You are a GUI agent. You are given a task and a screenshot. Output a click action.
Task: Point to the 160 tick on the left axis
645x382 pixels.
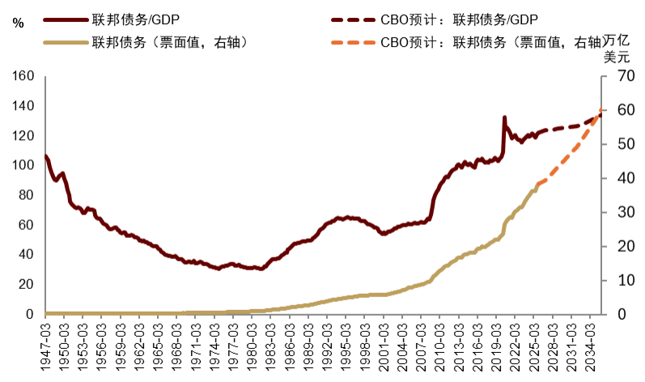coord(23,76)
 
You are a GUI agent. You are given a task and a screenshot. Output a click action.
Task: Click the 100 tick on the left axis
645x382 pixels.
coord(23,165)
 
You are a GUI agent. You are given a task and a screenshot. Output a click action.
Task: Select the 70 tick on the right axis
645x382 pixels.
coord(616,76)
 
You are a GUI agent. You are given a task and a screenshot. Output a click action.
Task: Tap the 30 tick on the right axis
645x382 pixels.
coord(616,212)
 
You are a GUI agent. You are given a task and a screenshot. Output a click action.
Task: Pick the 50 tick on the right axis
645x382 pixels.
coord(616,144)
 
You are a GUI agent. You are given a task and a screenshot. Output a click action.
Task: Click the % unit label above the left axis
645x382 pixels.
coord(18,25)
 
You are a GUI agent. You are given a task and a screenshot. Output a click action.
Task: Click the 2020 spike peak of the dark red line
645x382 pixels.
coord(505,117)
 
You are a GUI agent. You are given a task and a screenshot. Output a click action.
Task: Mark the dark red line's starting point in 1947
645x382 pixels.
coord(46,155)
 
